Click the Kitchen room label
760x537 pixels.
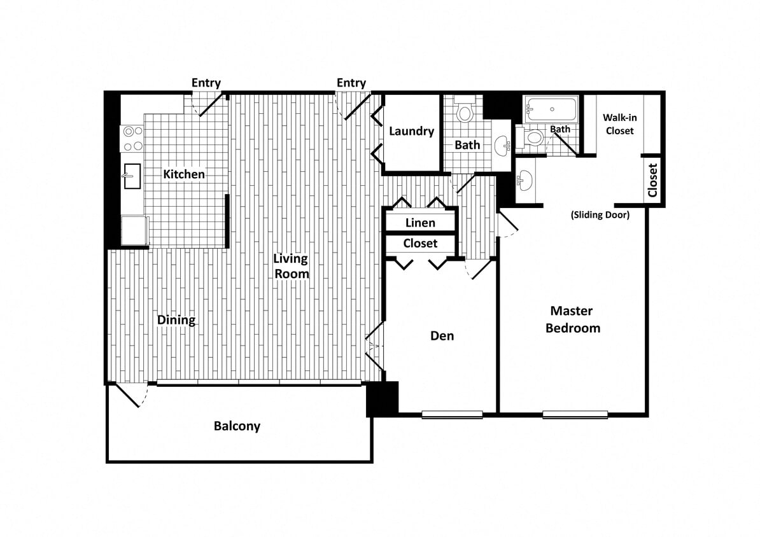(x=184, y=174)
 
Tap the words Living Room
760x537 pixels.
(x=292, y=266)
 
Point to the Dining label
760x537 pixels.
(x=176, y=320)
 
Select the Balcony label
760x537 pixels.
(x=237, y=426)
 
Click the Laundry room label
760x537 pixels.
(x=411, y=131)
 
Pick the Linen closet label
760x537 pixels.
(x=420, y=223)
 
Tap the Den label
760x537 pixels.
(x=442, y=335)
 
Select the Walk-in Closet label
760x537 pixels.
(x=619, y=124)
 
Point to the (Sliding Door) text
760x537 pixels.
(x=600, y=215)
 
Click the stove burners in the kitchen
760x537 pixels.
(x=132, y=139)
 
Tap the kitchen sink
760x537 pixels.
(x=132, y=176)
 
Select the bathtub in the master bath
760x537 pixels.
(x=551, y=109)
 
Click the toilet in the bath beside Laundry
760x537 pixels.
(x=465, y=113)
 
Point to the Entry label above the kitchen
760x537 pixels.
(x=206, y=83)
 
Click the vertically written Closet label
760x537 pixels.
(x=652, y=181)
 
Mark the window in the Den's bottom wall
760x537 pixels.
(x=452, y=415)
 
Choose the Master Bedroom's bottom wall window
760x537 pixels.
(x=575, y=415)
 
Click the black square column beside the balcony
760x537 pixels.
(x=383, y=399)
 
